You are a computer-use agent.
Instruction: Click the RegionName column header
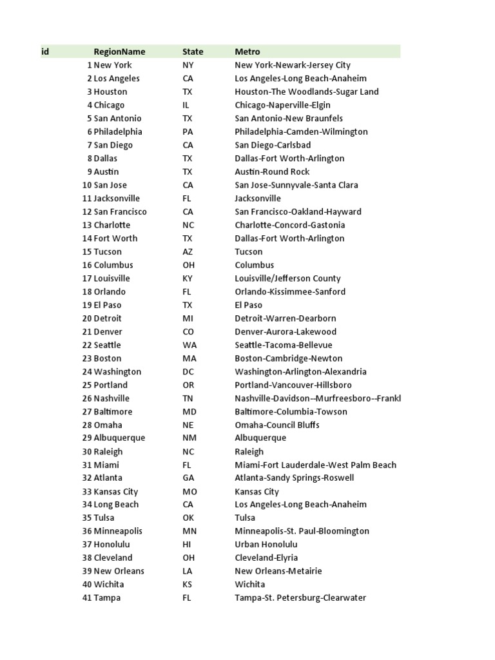(x=119, y=52)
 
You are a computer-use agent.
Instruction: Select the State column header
(x=193, y=52)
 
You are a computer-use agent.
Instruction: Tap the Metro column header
(x=247, y=52)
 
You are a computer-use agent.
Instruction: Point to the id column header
(x=45, y=52)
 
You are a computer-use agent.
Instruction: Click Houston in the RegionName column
(x=110, y=92)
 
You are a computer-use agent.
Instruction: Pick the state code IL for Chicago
(x=186, y=105)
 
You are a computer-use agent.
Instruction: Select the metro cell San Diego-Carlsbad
(x=273, y=145)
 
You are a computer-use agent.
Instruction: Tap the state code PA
(x=188, y=131)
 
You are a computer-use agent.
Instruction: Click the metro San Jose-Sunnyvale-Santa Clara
(x=296, y=185)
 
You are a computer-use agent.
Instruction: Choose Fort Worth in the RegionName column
(x=115, y=238)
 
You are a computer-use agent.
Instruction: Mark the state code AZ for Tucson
(x=188, y=252)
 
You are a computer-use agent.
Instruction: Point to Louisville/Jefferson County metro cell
(x=287, y=278)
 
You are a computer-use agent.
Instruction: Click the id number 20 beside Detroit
(x=87, y=318)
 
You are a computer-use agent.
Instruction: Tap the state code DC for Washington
(x=188, y=372)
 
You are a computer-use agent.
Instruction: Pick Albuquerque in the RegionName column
(x=119, y=438)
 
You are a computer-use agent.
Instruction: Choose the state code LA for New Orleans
(x=188, y=571)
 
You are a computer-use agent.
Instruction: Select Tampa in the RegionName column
(x=107, y=598)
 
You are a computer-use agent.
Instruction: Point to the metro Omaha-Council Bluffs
(x=277, y=425)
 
